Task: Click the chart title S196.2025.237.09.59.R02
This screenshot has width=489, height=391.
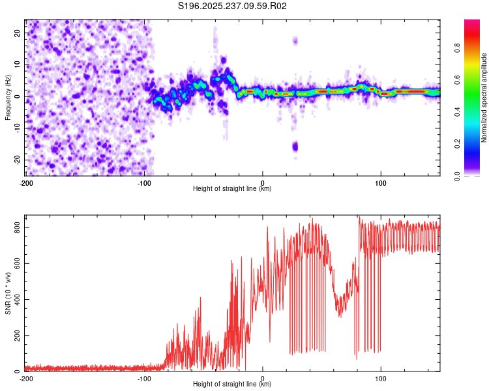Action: pyautogui.click(x=233, y=7)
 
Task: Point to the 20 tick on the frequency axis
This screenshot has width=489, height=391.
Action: pyautogui.click(x=18, y=33)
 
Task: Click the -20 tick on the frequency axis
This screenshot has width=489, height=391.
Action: pyautogui.click(x=16, y=160)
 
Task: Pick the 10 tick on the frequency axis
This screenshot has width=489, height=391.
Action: pyautogui.click(x=18, y=65)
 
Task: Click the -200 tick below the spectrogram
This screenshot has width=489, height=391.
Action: pyautogui.click(x=26, y=182)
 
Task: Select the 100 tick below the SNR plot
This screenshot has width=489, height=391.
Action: pyautogui.click(x=381, y=378)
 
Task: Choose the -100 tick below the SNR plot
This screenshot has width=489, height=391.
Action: pyautogui.click(x=144, y=378)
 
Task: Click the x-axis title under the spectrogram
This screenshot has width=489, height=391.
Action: pyautogui.click(x=232, y=189)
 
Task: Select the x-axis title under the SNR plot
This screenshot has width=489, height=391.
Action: pyautogui.click(x=232, y=384)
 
